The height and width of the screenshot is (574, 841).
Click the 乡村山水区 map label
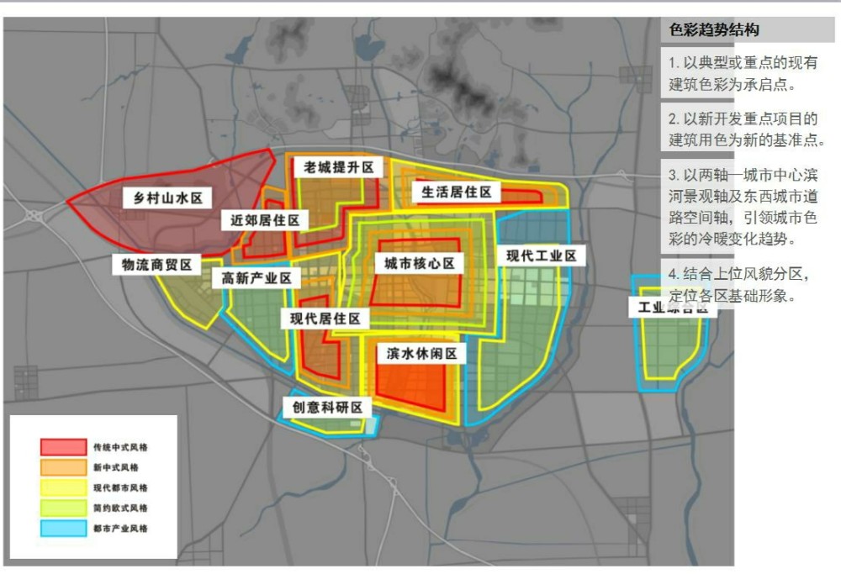click(x=168, y=198)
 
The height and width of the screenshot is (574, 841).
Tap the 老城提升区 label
click(x=339, y=167)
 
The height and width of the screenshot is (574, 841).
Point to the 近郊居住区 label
click(x=265, y=220)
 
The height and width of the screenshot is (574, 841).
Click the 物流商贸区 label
click(x=157, y=265)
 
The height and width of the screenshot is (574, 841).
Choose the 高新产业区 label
click(x=256, y=277)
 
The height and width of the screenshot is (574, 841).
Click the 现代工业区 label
click(x=541, y=255)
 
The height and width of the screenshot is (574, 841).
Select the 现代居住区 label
click(x=325, y=319)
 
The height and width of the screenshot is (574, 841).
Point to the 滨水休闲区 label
click(x=421, y=354)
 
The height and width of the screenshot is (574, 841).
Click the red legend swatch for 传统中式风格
click(x=63, y=447)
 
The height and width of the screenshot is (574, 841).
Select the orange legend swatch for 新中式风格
click(x=63, y=467)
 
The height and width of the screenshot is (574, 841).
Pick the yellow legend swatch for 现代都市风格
click(x=63, y=487)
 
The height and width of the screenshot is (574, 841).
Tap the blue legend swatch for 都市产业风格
click(x=63, y=529)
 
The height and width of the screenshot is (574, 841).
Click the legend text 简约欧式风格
click(x=121, y=508)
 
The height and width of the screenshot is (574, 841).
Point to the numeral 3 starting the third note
click(x=673, y=176)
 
